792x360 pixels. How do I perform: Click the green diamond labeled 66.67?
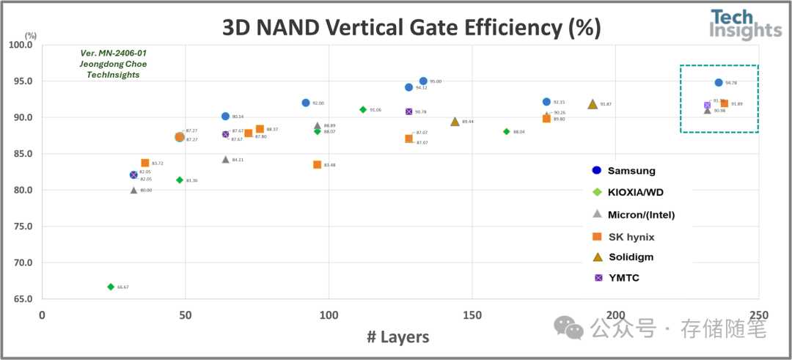[x=111, y=287]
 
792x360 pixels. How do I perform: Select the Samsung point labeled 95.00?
[x=423, y=81]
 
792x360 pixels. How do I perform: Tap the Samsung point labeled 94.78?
[x=719, y=83]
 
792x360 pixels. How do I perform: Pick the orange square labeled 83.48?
[x=318, y=165]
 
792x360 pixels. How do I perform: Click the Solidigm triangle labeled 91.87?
[x=593, y=104]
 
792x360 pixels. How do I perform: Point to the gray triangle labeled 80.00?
[x=133, y=190]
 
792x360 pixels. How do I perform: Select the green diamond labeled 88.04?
[x=507, y=132]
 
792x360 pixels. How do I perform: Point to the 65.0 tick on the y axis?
[x=23, y=299]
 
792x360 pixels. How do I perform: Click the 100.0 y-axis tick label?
[x=22, y=45]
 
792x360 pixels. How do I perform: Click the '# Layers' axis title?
[x=397, y=337]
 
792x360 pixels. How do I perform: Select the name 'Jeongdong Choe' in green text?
[x=113, y=64]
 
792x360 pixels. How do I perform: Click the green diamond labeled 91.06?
[x=363, y=109]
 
